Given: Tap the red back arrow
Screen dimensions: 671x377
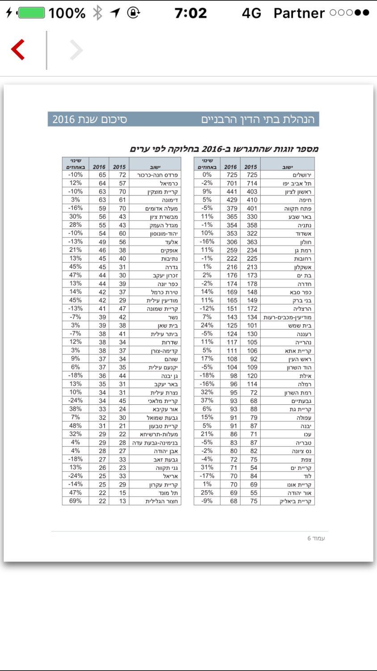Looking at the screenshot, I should (x=18, y=50).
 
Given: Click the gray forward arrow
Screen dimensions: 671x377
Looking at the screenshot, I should (x=76, y=50).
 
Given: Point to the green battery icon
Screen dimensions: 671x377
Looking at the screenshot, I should (x=31, y=13).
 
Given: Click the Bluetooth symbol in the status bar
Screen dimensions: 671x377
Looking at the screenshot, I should (x=97, y=13).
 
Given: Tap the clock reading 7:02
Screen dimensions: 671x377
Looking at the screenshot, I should (x=191, y=13).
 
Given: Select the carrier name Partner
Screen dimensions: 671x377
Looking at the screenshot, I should (x=299, y=13).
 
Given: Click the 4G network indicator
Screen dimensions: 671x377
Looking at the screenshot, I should (x=251, y=13).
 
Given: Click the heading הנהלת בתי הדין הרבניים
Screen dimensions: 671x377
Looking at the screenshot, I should (x=258, y=119).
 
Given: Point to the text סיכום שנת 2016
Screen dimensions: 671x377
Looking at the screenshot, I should (x=90, y=119).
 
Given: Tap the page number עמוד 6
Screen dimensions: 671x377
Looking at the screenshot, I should (x=316, y=538).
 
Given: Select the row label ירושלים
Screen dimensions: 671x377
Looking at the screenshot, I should (x=302, y=175).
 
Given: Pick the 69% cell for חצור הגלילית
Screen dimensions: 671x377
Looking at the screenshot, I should (x=75, y=501).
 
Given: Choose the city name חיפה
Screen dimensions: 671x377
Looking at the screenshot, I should (x=305, y=200).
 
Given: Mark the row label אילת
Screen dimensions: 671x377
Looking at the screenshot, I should (x=305, y=376).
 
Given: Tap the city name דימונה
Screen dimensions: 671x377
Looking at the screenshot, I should (x=169, y=200).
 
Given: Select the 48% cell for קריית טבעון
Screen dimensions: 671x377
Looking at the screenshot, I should (x=75, y=426).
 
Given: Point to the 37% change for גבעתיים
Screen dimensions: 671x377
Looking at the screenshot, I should (x=207, y=401).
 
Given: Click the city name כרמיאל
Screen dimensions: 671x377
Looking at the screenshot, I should (x=169, y=183).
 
